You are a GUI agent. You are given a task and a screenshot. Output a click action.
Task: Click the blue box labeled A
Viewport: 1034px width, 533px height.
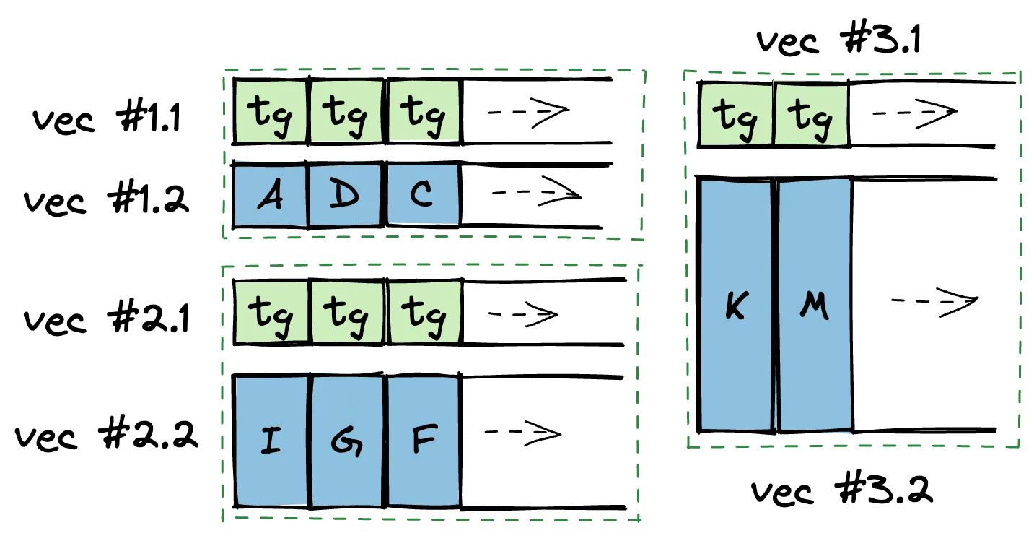(x=271, y=195)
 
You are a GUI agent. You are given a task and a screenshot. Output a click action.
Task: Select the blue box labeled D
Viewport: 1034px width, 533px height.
(x=345, y=195)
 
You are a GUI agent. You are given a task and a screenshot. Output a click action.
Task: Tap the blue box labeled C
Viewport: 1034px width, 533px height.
(x=423, y=194)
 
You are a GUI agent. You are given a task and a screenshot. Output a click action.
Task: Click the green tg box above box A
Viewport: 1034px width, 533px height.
(x=271, y=111)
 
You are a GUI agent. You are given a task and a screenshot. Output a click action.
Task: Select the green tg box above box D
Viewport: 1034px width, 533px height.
(x=346, y=111)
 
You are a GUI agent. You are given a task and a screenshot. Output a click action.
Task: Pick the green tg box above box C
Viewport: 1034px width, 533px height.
(x=424, y=111)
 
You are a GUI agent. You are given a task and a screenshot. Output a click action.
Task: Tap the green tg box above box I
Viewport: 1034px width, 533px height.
(x=271, y=312)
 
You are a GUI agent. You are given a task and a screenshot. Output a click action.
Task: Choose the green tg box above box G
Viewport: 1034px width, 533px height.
(x=346, y=312)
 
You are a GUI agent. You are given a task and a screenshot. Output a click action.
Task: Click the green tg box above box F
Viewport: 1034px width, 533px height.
(x=424, y=312)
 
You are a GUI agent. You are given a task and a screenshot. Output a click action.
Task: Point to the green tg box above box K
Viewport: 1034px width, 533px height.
(x=735, y=113)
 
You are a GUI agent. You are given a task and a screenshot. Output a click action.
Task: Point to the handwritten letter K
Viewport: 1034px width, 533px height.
(x=735, y=307)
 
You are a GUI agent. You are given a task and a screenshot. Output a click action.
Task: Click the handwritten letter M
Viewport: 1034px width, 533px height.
(x=815, y=307)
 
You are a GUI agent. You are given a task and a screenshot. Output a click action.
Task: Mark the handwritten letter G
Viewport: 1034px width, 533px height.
(x=346, y=441)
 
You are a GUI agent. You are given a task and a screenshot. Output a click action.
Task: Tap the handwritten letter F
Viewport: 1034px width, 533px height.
(x=424, y=440)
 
